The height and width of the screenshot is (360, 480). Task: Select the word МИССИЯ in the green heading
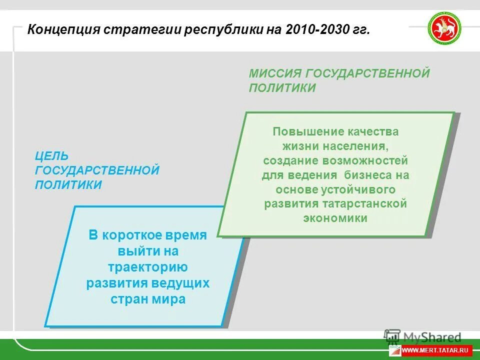274,74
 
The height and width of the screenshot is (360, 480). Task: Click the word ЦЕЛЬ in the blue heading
51,156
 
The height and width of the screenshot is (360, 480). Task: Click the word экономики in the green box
335,218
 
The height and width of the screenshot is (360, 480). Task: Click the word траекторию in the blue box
147,267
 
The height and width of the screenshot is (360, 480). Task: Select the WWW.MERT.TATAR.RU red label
436,350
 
